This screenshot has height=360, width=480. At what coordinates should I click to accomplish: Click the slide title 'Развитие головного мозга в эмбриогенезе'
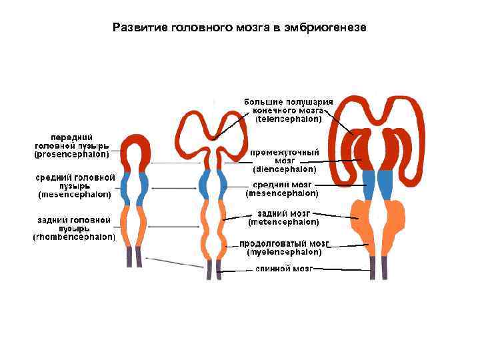tap(239, 28)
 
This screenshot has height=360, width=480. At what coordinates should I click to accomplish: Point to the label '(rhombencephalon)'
tap(75, 237)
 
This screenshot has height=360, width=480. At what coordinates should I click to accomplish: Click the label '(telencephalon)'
tap(289, 119)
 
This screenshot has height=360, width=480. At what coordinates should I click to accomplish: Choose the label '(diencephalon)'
tap(285, 169)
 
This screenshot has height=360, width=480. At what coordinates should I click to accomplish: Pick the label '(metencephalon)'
tap(283, 221)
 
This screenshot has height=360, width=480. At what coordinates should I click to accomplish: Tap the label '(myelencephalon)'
tap(285, 252)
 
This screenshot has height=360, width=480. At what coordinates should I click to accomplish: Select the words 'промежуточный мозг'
tap(285, 156)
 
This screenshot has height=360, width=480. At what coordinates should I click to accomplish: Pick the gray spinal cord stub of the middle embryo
tap(213, 270)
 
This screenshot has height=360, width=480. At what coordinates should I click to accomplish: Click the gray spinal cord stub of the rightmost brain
tap(377, 267)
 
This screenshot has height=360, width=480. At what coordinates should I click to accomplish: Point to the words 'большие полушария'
tap(289, 101)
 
